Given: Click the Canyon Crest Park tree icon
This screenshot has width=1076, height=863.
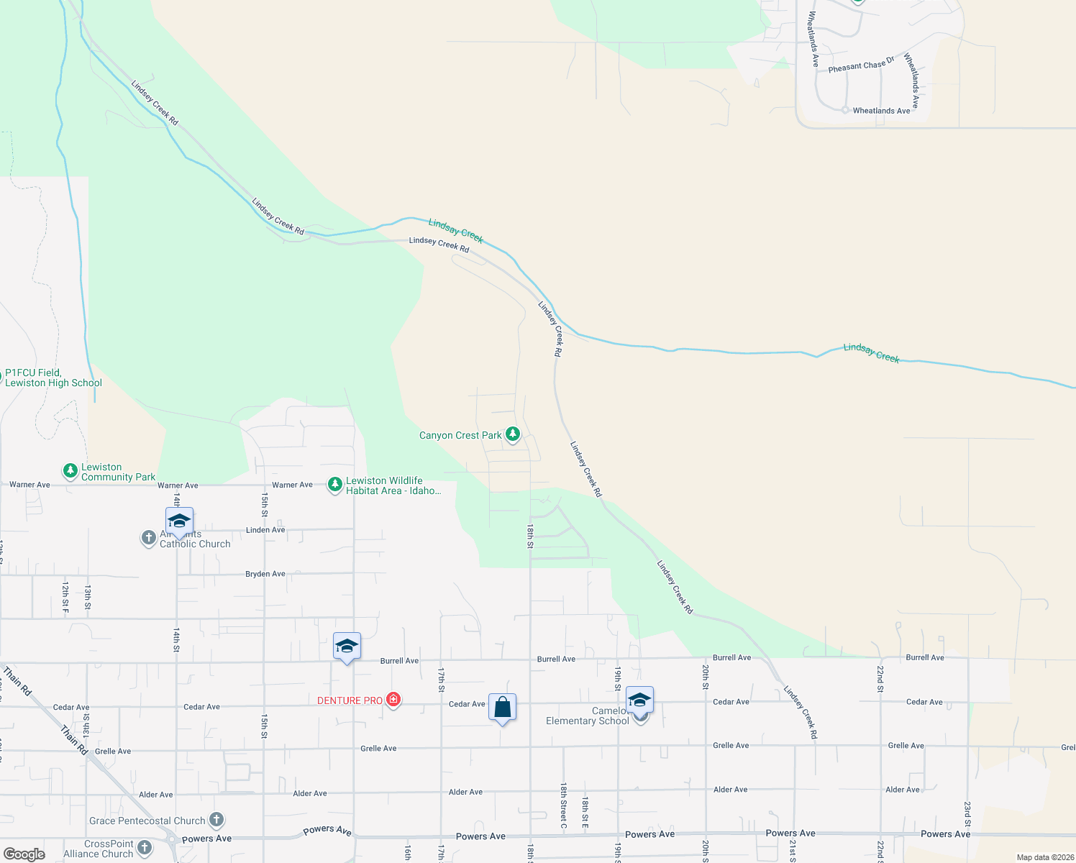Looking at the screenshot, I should pyautogui.click(x=512, y=434).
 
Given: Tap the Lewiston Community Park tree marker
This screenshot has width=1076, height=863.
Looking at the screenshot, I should pyautogui.click(x=70, y=471).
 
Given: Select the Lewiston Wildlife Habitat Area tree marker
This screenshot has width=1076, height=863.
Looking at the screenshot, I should pyautogui.click(x=334, y=485).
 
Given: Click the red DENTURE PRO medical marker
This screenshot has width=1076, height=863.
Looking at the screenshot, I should pyautogui.click(x=393, y=700).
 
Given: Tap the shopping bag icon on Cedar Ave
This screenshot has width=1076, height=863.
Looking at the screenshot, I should pyautogui.click(x=503, y=708).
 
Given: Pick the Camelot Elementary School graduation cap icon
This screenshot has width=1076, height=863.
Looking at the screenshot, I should pyautogui.click(x=639, y=699).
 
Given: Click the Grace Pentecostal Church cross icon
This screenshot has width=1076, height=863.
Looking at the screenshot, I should pyautogui.click(x=216, y=819).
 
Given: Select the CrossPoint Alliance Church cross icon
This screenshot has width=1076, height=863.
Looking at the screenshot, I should pyautogui.click(x=145, y=848).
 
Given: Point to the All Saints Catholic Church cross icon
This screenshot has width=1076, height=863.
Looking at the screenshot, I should pyautogui.click(x=148, y=538).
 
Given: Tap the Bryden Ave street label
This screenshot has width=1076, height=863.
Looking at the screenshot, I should pyautogui.click(x=265, y=574).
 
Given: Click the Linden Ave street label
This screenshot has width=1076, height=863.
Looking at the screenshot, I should pyautogui.click(x=265, y=530).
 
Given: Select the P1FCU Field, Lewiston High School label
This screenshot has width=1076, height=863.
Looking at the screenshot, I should pyautogui.click(x=53, y=378).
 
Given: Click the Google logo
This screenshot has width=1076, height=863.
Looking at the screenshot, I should pyautogui.click(x=24, y=854).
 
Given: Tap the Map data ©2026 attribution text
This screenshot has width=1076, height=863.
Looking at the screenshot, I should pyautogui.click(x=1044, y=857).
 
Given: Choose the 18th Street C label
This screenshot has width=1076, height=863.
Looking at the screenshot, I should pyautogui.click(x=564, y=806).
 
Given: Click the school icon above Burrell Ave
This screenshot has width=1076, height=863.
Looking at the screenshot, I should pyautogui.click(x=346, y=646).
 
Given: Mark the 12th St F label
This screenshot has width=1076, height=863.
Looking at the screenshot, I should pyautogui.click(x=65, y=598).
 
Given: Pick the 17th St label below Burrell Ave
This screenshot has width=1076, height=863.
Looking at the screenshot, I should pyautogui.click(x=442, y=680).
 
